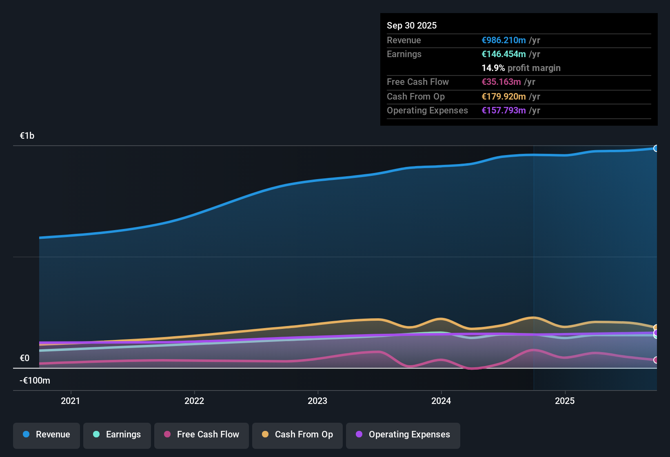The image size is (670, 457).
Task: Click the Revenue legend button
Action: [47, 435]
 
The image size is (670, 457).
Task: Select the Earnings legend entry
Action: [117, 435]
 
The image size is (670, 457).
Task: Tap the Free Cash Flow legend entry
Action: [202, 435]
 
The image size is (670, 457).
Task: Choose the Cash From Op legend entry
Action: [297, 435]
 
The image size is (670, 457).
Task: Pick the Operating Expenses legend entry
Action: [403, 435]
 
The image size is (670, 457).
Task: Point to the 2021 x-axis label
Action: [71, 401]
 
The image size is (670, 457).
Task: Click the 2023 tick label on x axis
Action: [317, 401]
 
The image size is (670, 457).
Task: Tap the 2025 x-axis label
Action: [565, 401]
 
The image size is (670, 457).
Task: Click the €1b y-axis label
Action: [27, 136]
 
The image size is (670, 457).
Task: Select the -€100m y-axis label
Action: [35, 381]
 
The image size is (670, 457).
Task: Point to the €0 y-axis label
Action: [25, 358]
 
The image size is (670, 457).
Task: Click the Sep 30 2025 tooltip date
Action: [412, 26]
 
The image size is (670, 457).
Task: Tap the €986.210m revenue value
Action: [504, 40]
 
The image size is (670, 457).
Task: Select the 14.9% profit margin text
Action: [521, 68]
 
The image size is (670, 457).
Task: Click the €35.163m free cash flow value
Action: [501, 82]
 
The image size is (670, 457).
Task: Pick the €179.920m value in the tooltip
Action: [504, 97]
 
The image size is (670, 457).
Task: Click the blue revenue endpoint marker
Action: [656, 149]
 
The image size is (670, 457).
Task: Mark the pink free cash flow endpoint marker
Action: [656, 360]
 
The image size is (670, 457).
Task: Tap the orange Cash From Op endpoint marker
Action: [656, 328]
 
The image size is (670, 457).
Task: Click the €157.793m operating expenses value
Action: [504, 111]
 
